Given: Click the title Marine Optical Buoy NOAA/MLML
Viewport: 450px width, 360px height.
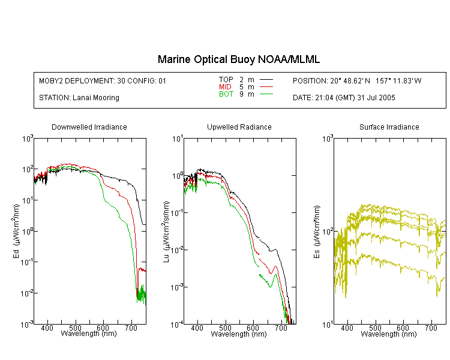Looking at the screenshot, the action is [238, 60].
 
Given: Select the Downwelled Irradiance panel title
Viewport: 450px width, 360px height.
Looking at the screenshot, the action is [89, 127].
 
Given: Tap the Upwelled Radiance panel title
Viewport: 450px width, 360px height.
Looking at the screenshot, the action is [239, 127].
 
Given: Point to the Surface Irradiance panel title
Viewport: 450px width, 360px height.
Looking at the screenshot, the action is [389, 127].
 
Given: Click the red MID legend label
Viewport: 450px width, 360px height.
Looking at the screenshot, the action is [225, 87].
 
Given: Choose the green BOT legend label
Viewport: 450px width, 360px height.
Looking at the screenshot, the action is [226, 94].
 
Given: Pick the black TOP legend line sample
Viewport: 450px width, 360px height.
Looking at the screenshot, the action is [266, 80].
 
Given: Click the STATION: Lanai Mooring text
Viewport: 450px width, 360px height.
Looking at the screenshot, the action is [79, 98].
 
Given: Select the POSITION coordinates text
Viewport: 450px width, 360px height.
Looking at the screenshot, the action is [357, 81].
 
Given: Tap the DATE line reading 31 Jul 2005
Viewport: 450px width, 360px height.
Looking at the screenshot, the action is [344, 98].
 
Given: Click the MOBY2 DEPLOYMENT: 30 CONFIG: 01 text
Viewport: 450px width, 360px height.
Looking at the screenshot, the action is [103, 81].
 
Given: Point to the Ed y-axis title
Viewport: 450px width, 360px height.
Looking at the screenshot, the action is [16, 231].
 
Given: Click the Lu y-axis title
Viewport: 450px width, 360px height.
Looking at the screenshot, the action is [166, 232].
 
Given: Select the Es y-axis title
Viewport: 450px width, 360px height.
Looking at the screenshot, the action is [316, 232].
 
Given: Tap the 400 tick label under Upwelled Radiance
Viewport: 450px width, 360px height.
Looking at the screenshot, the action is [197, 328].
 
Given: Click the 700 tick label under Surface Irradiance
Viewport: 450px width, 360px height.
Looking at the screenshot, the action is [431, 328].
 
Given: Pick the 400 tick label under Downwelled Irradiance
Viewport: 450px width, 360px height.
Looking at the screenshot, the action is [47, 328].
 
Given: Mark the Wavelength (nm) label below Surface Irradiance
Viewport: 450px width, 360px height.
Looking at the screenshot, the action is [389, 334].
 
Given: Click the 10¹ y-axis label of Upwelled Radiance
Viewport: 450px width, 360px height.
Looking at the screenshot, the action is [178, 139].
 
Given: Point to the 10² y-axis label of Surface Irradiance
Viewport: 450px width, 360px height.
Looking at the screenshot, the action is [328, 232].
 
